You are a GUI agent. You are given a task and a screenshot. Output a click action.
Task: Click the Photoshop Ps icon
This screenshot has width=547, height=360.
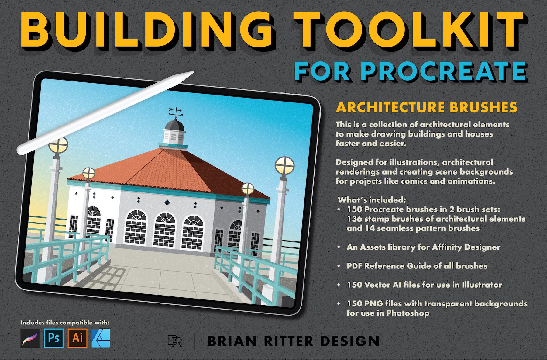[x=53, y=338]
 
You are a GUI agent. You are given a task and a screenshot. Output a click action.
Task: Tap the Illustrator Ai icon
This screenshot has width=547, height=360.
[x=77, y=338]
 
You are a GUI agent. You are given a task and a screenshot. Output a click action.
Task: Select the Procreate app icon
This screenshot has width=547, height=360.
[x=30, y=338]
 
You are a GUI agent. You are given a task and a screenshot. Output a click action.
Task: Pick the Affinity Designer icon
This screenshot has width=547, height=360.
[x=101, y=338]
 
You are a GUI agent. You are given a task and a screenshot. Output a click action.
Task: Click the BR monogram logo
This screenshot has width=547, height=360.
[x=175, y=341]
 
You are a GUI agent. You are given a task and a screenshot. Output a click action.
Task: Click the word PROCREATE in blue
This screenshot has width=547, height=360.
[x=444, y=71]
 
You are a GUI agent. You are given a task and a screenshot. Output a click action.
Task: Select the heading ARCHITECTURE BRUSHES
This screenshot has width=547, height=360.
[x=427, y=107]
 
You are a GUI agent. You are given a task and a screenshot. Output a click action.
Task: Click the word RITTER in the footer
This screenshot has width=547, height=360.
[x=289, y=341]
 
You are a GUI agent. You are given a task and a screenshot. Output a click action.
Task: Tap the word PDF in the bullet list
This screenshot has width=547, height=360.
[x=354, y=266]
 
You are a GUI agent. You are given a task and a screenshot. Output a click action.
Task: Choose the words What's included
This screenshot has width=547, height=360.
[x=372, y=200]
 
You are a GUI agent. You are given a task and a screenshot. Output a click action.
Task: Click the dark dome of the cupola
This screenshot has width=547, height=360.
[x=174, y=125]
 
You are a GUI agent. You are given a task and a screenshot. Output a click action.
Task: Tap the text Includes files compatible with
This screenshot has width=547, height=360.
[x=65, y=322]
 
